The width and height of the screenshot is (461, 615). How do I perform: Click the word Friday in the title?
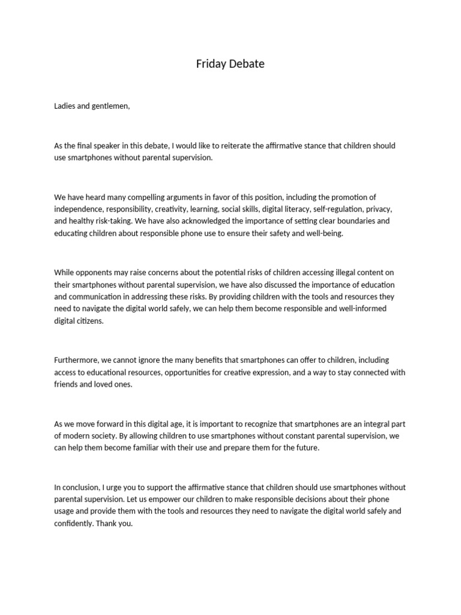211,64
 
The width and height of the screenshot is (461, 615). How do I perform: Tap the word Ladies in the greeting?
64,106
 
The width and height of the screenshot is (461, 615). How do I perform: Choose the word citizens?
89,320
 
